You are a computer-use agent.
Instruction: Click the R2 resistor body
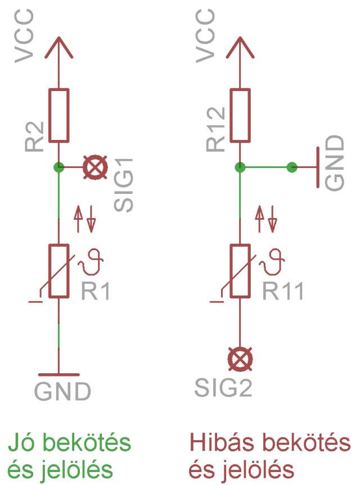pyautogui.click(x=58, y=115)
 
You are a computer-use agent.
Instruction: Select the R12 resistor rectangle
pyautogui.click(x=240, y=115)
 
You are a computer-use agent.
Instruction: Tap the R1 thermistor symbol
pyautogui.click(x=58, y=271)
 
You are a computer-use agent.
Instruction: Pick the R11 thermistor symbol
pyautogui.click(x=240, y=271)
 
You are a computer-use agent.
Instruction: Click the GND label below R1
pyautogui.click(x=62, y=391)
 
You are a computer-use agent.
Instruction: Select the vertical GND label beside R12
pyautogui.click(x=336, y=162)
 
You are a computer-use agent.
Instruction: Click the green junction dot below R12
pyautogui.click(x=240, y=167)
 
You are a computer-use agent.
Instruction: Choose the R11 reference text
pyautogui.click(x=282, y=291)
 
